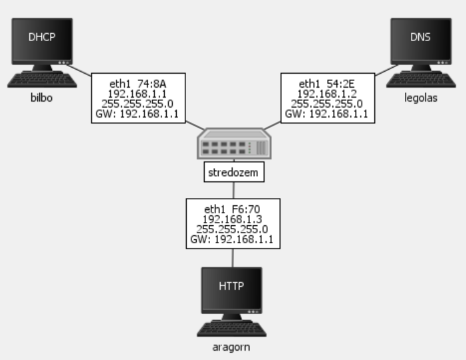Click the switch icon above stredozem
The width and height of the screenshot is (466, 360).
point(233,143)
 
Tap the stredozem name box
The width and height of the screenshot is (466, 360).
point(233,173)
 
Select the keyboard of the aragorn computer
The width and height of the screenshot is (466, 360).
point(231,329)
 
